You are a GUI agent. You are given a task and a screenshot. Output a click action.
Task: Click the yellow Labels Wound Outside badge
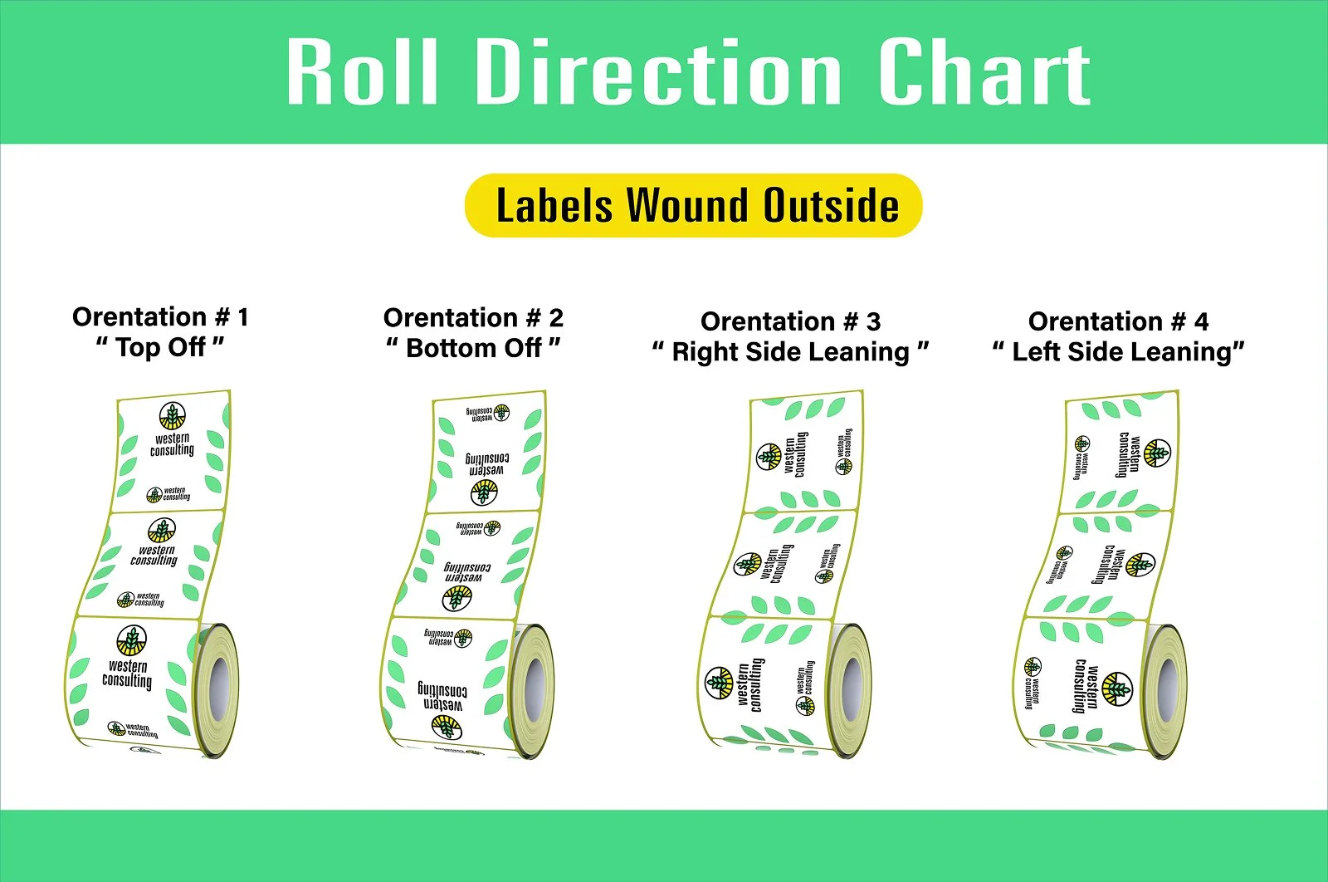[694, 205]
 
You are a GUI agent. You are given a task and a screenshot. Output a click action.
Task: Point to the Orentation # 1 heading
[160, 316]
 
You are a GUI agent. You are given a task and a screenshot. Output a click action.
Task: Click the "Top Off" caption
[160, 347]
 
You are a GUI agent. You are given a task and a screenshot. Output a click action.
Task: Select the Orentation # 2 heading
[473, 317]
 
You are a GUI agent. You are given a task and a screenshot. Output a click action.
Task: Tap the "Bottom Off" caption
[473, 348]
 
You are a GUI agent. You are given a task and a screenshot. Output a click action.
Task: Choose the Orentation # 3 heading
[790, 321]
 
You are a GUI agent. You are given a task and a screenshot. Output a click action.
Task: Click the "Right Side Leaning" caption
[790, 352]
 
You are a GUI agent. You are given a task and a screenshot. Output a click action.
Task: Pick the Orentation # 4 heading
[1118, 321]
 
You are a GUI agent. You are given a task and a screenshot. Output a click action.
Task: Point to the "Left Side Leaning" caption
[1118, 352]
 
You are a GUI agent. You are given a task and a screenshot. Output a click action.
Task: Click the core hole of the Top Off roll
[218, 688]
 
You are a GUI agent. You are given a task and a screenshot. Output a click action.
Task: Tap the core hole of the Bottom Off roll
[534, 688]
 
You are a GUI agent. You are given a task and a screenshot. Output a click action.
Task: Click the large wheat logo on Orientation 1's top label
[172, 416]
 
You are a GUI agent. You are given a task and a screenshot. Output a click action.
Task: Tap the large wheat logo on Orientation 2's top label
[484, 493]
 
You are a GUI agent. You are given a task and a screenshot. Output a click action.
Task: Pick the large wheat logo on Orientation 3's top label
[769, 456]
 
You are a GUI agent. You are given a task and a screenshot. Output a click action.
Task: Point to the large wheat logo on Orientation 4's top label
[1157, 453]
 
